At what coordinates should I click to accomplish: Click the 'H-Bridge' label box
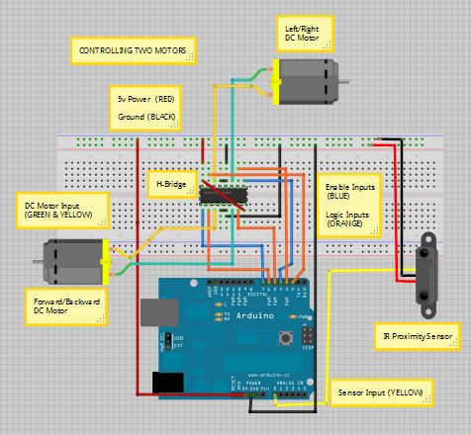[169, 185]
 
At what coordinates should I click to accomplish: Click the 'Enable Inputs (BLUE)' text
[349, 194]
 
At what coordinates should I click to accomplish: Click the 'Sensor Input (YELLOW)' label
[380, 392]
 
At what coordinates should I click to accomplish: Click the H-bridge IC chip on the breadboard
[222, 193]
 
